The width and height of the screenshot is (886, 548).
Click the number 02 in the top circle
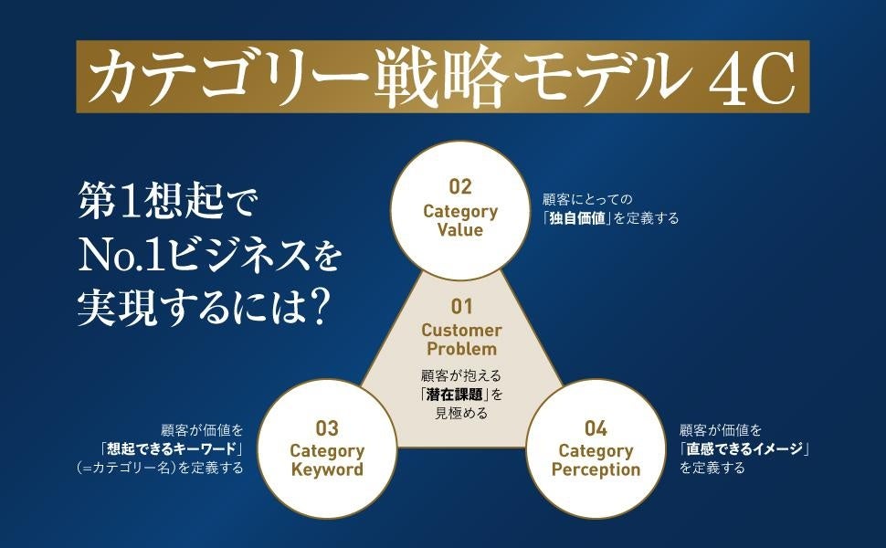pos(460,187)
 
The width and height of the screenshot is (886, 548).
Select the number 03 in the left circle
pos(326,427)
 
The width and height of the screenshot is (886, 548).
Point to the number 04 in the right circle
pos(595,427)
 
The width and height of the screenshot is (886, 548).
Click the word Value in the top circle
pos(460,230)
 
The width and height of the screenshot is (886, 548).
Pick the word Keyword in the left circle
pos(326,469)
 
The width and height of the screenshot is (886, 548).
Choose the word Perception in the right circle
pos(595,469)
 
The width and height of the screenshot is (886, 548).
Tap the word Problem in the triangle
pos(460,349)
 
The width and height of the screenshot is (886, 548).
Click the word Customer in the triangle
pos(460,330)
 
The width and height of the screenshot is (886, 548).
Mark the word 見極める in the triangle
pos(460,412)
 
